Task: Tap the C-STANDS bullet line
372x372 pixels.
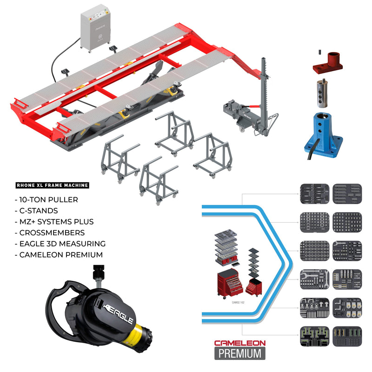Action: pos(37,211)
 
